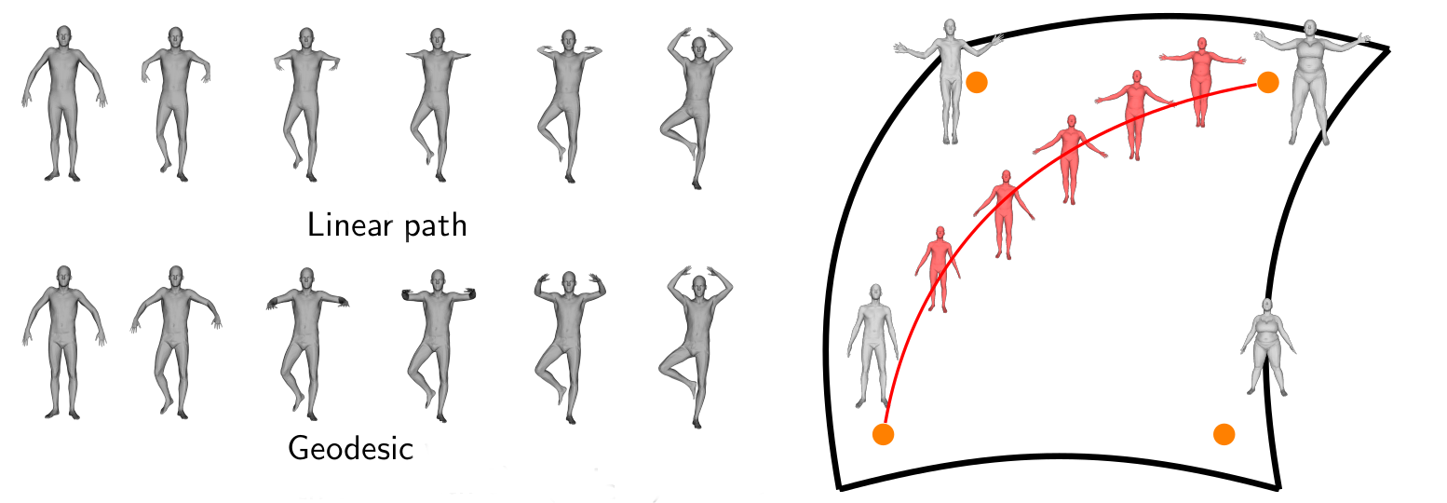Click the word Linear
(x=350, y=225)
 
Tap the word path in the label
(x=436, y=227)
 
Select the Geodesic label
(x=350, y=448)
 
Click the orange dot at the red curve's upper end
(x=1267, y=83)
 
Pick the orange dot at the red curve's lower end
(x=883, y=434)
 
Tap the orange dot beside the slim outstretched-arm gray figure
(x=977, y=83)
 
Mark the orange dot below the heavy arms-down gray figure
(x=1224, y=434)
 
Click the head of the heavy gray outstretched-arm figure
(x=1310, y=30)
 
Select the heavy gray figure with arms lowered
(x=1267, y=347)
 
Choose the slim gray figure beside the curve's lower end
(x=873, y=346)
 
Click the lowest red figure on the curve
(x=938, y=269)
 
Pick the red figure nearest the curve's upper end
(x=1201, y=82)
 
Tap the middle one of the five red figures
(x=1070, y=159)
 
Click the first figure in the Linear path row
(x=63, y=103)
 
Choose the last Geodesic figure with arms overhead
(x=696, y=347)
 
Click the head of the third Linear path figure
(x=306, y=37)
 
